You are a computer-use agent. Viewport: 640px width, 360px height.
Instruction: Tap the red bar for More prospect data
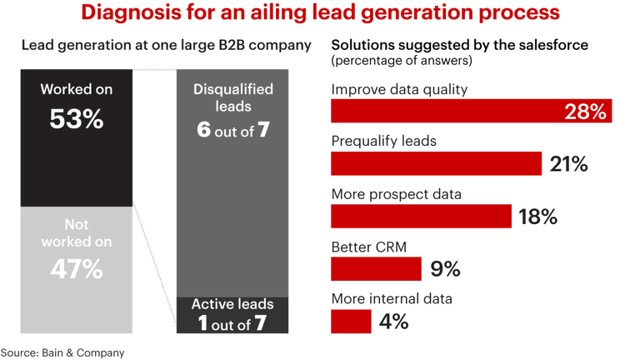pos(421,217)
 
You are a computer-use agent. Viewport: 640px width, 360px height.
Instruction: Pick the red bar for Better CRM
pos(376,269)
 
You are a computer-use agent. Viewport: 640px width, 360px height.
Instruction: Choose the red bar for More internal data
pos(351,321)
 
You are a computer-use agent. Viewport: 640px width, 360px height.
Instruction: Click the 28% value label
pos(585,112)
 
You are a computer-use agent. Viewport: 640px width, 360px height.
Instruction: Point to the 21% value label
pos(568,164)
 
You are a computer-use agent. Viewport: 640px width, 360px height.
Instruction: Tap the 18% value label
pos(537,217)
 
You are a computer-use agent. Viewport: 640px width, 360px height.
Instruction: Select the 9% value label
pos(445,269)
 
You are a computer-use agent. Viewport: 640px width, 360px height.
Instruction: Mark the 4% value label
pos(393,321)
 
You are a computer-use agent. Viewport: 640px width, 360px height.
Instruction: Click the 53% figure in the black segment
pos(76,118)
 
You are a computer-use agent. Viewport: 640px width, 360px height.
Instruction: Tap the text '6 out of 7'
pos(232,130)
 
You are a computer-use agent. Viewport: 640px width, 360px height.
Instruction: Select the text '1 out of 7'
pos(232,323)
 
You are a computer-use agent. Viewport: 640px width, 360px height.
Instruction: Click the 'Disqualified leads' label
pos(232,97)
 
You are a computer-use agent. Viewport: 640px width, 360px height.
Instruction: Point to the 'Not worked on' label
pos(76,234)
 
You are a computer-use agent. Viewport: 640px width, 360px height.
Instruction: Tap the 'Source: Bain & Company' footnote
pos(62,352)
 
